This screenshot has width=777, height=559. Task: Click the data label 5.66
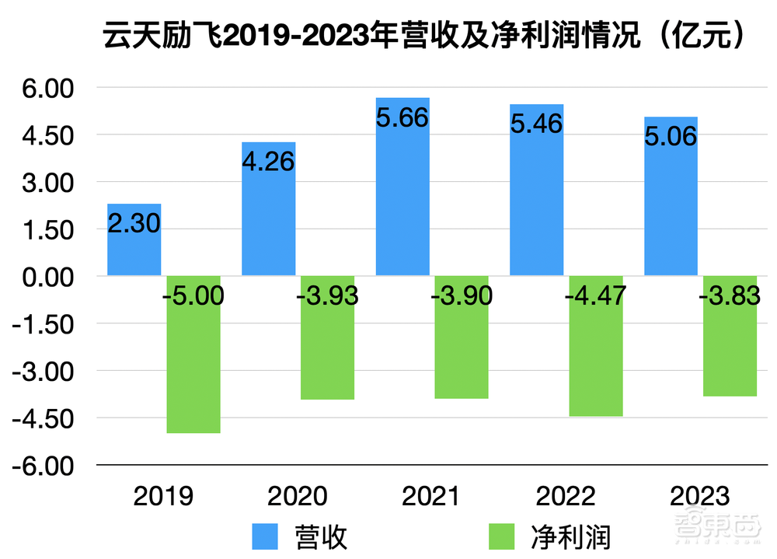(402, 118)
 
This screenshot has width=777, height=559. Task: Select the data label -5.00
(193, 296)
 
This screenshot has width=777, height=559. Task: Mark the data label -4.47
(595, 296)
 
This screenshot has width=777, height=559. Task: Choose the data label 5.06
(671, 137)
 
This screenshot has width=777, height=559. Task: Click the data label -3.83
(729, 296)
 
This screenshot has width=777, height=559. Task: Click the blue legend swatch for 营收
(264, 536)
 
